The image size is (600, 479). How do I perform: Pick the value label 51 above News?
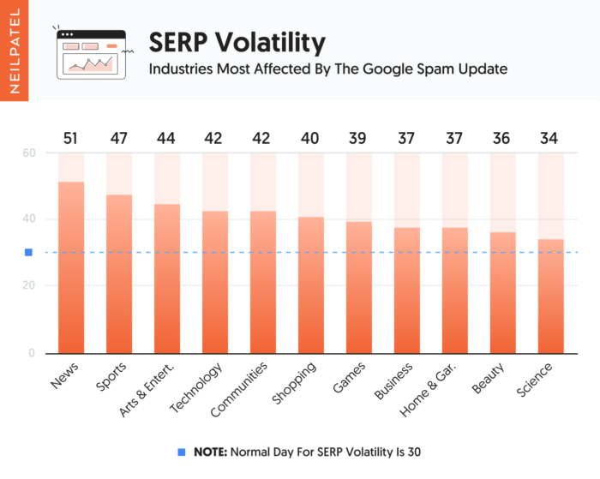pos(71,139)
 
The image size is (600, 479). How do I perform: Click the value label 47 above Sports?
pos(119,139)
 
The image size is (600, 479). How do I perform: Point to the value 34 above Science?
pos(551,139)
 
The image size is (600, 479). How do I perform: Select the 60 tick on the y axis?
pos(29,153)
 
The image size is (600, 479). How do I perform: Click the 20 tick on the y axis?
pos(29,285)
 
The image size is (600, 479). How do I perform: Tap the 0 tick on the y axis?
pos(32,351)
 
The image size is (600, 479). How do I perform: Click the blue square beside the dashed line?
pos(28,253)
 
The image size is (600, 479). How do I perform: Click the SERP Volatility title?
pos(237,42)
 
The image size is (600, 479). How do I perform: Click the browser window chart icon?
pos(91,55)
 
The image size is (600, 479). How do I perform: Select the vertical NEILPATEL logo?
pos(14,51)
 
